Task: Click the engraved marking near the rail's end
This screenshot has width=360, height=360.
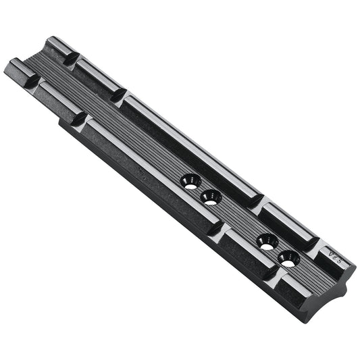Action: coord(332,257)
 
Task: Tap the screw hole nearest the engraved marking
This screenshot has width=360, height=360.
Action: coord(288,257)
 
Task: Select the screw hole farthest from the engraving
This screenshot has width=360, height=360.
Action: coord(190,181)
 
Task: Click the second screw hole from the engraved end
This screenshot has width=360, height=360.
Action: coord(267,241)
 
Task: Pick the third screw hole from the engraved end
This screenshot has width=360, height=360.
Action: coord(211,198)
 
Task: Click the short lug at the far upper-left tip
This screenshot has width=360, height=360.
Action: coord(54,48)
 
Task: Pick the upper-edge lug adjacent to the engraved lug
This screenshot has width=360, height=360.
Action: coord(287,221)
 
